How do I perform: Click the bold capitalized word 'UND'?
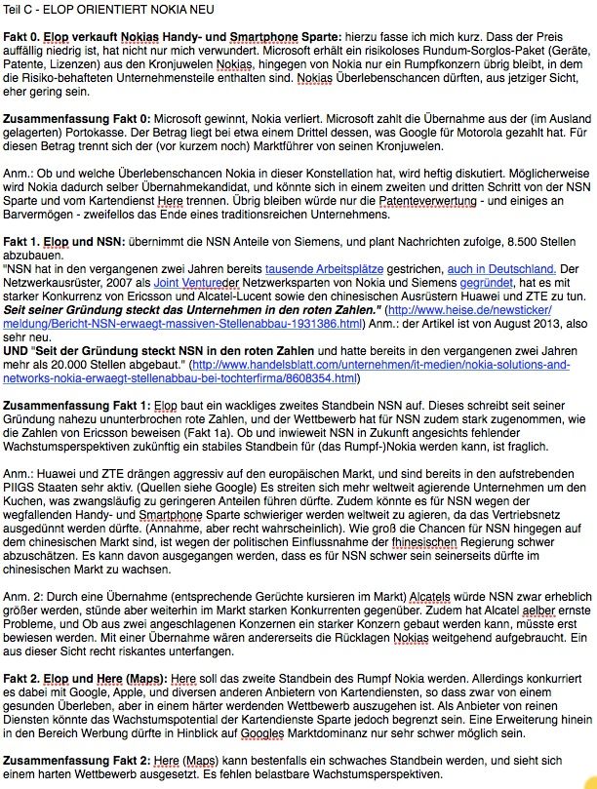click(18, 337)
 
